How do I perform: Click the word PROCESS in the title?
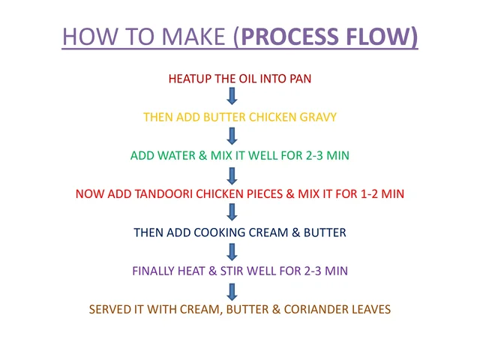coord(290,37)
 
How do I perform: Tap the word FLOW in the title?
coord(378,37)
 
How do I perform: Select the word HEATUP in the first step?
coord(190,79)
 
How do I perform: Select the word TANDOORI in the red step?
coord(163,194)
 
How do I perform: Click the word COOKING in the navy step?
coord(220,232)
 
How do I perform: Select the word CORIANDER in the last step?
coord(316,310)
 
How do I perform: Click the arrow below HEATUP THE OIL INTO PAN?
coord(232,96)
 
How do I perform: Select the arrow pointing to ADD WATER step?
coord(232,136)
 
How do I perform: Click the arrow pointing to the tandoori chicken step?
coord(232,176)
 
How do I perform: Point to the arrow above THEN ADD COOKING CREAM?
coord(232,212)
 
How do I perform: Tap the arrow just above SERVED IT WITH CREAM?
coord(232,292)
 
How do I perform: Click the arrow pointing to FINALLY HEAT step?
coord(232,252)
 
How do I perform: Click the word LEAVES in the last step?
coord(371,310)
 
